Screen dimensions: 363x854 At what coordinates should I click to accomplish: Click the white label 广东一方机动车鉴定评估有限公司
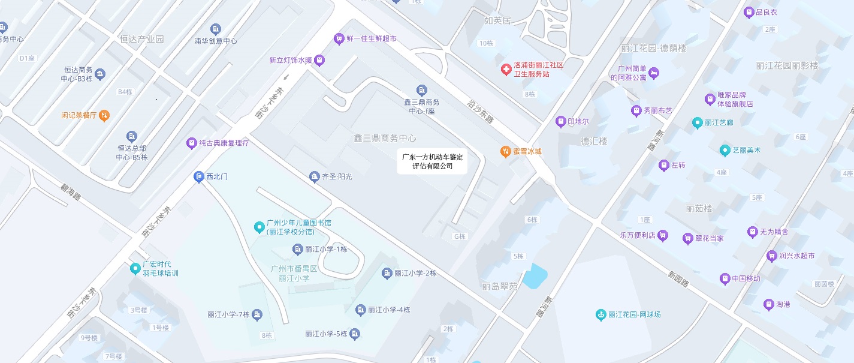432,161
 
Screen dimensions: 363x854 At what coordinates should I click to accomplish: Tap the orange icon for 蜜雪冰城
505,151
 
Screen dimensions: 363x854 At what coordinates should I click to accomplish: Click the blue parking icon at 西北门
199,176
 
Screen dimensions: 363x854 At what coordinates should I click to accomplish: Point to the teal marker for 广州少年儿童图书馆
259,227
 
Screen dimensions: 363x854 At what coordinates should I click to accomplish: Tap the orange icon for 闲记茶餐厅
104,115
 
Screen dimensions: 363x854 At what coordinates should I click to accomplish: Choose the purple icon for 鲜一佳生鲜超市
339,38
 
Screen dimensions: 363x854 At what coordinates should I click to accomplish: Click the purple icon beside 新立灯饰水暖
319,60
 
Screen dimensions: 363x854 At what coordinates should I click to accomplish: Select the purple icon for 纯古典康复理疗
191,143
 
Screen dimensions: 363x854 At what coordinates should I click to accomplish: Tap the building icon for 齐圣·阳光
314,176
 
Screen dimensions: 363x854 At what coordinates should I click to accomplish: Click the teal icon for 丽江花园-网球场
600,314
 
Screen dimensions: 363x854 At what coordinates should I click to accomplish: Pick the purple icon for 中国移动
725,278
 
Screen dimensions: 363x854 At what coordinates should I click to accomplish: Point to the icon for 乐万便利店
663,235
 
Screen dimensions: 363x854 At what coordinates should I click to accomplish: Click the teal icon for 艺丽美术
725,150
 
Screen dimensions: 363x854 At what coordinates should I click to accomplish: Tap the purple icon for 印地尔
560,122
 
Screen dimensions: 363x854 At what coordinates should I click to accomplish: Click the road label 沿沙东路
480,111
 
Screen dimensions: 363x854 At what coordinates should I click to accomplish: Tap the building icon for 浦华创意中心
216,29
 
